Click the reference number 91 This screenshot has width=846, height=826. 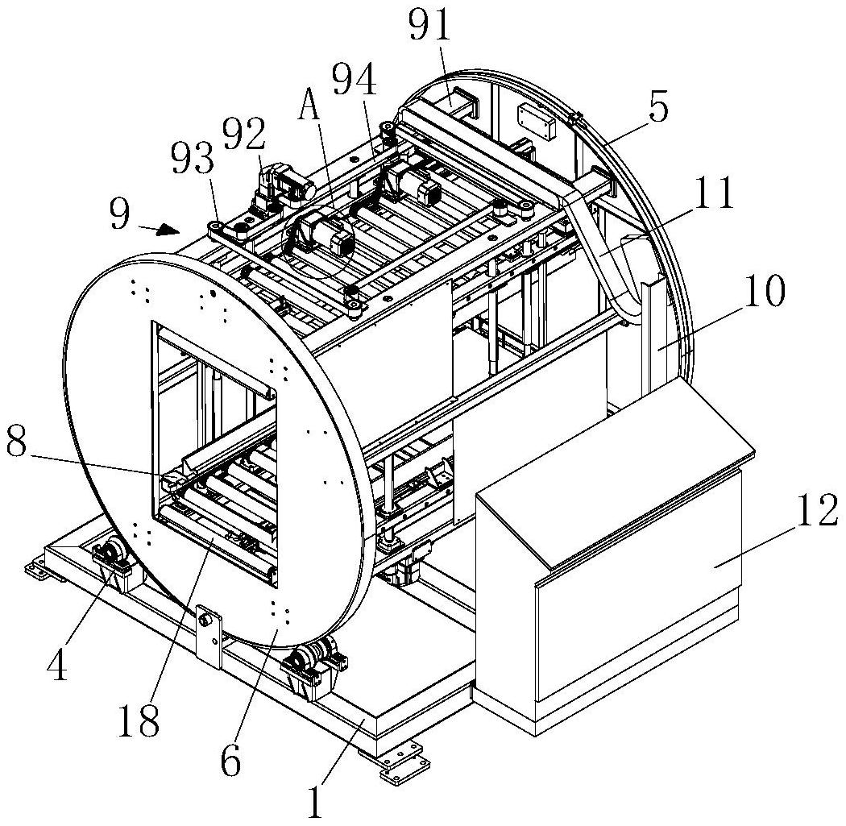pos(430,25)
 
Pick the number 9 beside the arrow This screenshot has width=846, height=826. pos(119,214)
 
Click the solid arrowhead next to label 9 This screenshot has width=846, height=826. pos(168,230)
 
